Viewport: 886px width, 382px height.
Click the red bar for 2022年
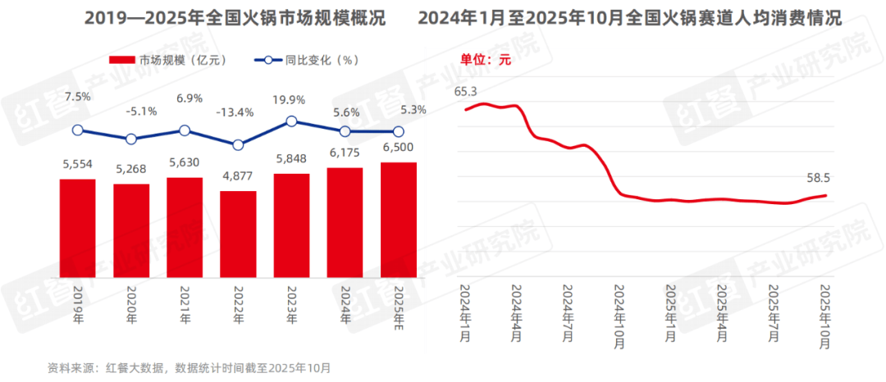point(238,234)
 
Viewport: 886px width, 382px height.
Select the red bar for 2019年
point(77,228)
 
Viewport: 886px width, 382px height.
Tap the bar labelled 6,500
point(399,220)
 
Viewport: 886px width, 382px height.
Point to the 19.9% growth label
point(291,100)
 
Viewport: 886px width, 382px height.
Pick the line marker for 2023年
point(291,121)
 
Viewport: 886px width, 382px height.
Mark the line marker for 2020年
point(131,139)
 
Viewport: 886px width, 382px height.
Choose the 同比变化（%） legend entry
point(307,60)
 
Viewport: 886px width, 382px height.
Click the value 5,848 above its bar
point(291,159)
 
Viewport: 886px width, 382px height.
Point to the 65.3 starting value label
point(466,91)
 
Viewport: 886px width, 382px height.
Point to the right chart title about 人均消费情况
point(629,18)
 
